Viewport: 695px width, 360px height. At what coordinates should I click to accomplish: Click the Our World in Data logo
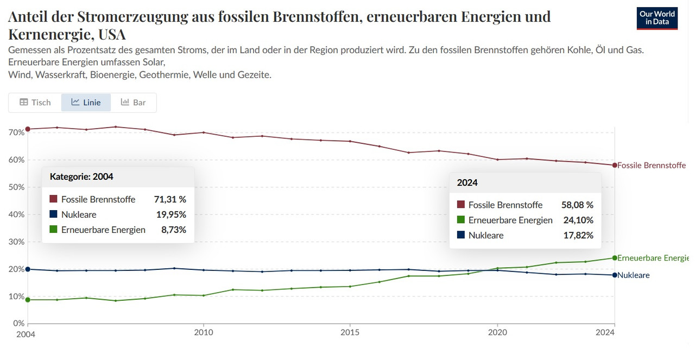click(x=657, y=18)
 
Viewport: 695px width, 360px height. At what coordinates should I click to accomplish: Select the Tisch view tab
click(x=35, y=102)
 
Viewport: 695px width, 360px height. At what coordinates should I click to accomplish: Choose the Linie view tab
click(x=86, y=102)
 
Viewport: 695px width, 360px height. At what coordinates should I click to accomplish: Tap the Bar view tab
click(x=133, y=102)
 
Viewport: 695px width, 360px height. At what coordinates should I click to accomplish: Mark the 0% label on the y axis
click(x=17, y=324)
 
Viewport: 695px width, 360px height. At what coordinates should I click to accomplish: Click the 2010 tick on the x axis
click(x=203, y=333)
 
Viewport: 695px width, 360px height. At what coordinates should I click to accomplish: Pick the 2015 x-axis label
click(x=350, y=333)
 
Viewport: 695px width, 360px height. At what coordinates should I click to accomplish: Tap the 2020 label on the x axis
click(x=497, y=333)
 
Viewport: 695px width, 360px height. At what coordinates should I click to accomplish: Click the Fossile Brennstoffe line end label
click(x=651, y=165)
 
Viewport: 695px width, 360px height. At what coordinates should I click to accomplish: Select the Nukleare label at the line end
click(x=633, y=275)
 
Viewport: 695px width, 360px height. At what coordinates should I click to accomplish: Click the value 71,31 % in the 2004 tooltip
click(x=170, y=199)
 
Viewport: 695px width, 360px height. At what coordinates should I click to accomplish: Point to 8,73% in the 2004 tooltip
click(x=174, y=230)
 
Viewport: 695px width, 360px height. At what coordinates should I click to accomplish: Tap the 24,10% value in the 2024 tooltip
click(x=579, y=220)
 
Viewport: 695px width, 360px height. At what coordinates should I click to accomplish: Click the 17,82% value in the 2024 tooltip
click(x=579, y=235)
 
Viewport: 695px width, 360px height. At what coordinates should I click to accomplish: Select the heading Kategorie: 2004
click(x=81, y=176)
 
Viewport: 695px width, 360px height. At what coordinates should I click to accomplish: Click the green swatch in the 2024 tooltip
click(x=461, y=220)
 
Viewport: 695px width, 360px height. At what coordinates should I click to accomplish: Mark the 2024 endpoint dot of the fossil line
click(x=615, y=165)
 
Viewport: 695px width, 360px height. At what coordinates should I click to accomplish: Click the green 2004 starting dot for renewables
click(x=28, y=300)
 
